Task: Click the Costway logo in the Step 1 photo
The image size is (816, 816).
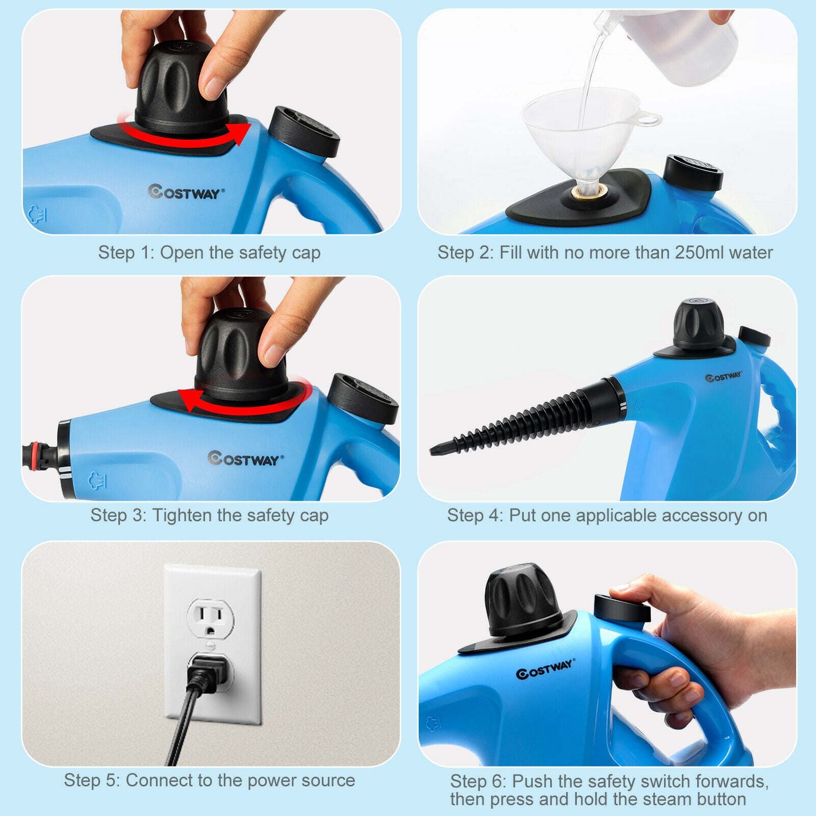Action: [x=186, y=192]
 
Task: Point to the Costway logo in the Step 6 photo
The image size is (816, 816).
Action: [x=545, y=669]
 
